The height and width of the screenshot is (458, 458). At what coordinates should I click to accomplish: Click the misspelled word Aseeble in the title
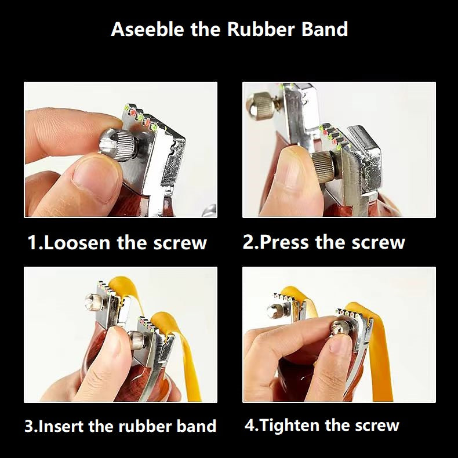pos(147,29)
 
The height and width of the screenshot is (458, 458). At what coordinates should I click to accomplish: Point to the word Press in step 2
pos(283,242)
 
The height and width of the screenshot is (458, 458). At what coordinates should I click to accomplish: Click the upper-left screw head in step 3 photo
pos(95,302)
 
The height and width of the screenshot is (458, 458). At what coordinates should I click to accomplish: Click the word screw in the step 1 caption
pos(180,243)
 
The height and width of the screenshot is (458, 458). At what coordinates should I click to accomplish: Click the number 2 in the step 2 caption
pos(248,242)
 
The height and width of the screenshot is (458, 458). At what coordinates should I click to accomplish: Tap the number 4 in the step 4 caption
pos(250,425)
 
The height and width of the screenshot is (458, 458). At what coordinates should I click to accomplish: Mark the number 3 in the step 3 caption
pos(30,426)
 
